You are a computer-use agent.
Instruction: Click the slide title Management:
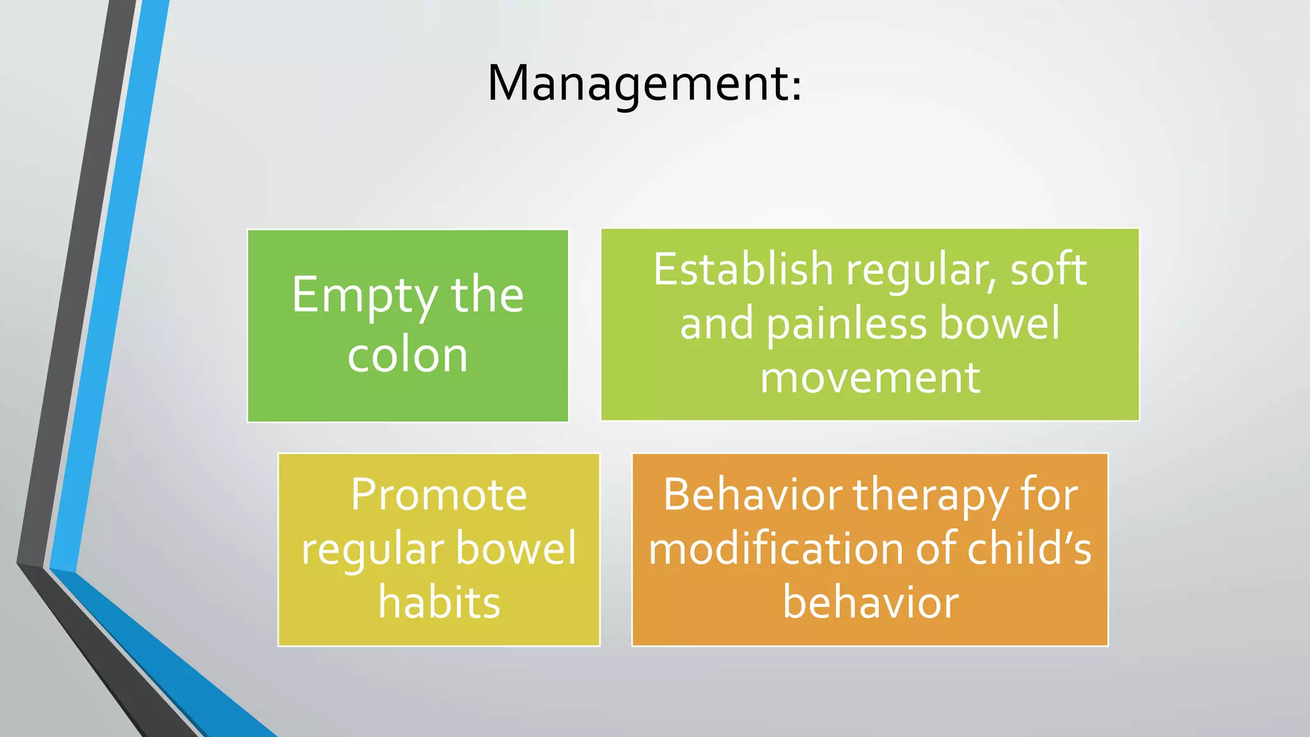pos(643,83)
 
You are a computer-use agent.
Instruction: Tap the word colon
pos(407,355)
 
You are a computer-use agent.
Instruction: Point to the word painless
pos(847,324)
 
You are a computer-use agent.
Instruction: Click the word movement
pos(870,377)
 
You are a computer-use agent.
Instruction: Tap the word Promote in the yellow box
pos(439,495)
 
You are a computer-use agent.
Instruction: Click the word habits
pos(439,603)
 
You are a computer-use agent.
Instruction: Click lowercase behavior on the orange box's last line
pos(871,603)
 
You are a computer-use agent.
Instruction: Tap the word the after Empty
pos(487,295)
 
